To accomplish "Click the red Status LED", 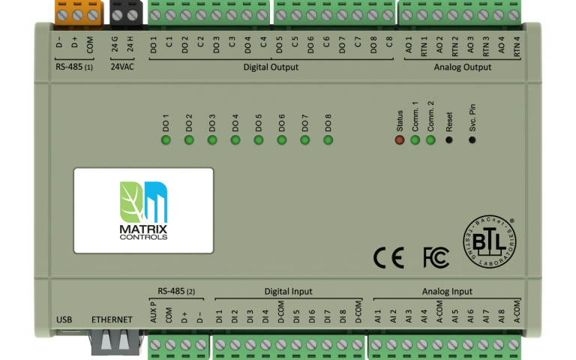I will [x=400, y=139].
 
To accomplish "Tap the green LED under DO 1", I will [x=166, y=139].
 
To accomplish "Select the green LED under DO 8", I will [x=328, y=139].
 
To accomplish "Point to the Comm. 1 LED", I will [x=415, y=139].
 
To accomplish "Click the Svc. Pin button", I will [x=472, y=139].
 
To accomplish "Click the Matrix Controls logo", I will [x=143, y=210].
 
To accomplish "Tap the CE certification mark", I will [x=388, y=258].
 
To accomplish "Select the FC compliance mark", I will [x=436, y=258].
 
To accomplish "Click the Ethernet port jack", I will [x=112, y=341].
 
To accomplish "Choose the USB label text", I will [x=64, y=320].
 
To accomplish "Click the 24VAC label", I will [x=123, y=67].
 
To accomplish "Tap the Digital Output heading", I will [x=271, y=67].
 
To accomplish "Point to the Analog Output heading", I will [x=463, y=67].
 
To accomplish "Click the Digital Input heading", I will [x=289, y=292].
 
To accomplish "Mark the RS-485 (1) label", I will [x=74, y=67].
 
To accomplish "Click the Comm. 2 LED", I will [x=430, y=139].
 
